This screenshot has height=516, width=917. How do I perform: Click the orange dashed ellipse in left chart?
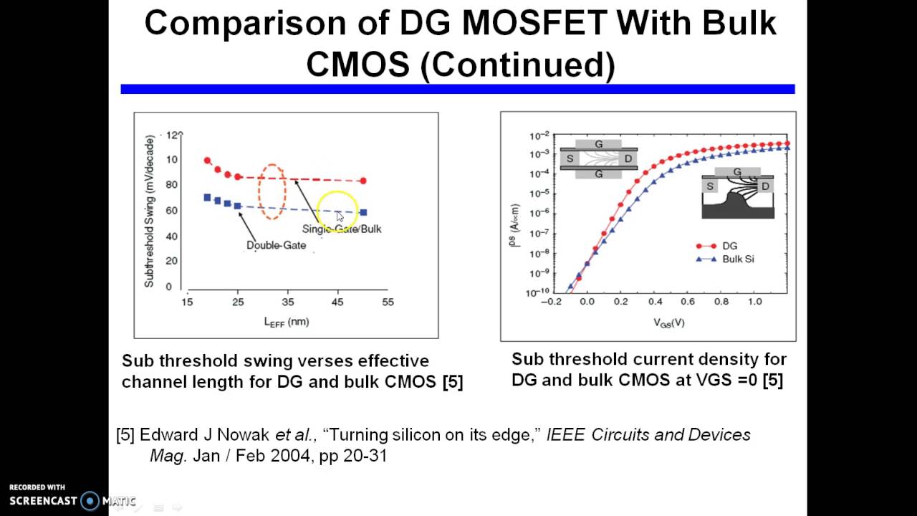tap(272, 192)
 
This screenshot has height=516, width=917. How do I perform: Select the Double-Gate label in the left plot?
tap(276, 245)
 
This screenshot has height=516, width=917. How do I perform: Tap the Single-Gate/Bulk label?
tap(342, 229)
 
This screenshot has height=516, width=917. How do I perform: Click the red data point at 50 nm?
tap(363, 181)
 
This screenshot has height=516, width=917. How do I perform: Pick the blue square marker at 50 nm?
tap(363, 212)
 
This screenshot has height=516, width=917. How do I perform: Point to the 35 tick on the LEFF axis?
tap(288, 302)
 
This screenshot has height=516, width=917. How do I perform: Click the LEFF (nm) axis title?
tap(287, 322)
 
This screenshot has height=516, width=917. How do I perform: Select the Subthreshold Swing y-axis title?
tap(150, 211)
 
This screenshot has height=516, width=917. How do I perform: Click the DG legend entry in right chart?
tap(729, 246)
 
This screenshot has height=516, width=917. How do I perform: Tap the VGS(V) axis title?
tap(668, 322)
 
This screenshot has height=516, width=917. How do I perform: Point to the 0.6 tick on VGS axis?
tap(688, 302)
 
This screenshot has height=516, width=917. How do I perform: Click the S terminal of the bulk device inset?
tap(710, 186)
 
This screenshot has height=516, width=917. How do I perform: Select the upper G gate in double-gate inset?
tap(599, 143)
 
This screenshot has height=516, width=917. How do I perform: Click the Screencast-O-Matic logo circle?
tap(90, 501)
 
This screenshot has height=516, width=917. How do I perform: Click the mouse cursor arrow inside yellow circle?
tap(339, 215)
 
